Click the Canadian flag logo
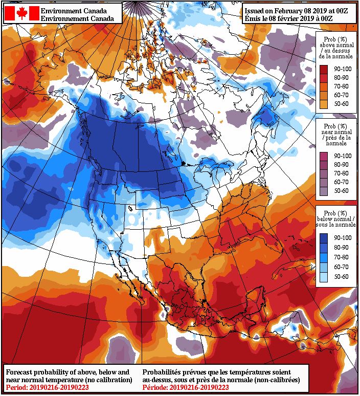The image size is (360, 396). pos(21,14)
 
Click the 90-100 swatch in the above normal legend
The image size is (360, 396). pos(324,69)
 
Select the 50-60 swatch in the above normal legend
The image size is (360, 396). pos(324,104)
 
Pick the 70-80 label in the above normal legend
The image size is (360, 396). pos(342,86)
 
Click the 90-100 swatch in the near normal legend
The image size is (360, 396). pos(324,156)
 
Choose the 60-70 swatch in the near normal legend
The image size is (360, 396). pos(324,182)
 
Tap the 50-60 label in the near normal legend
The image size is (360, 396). pos(342,191)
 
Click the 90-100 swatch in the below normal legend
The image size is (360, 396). pos(324,238)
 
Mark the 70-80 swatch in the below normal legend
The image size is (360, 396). pos(324,257)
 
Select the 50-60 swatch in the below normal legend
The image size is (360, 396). pos(324,276)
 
